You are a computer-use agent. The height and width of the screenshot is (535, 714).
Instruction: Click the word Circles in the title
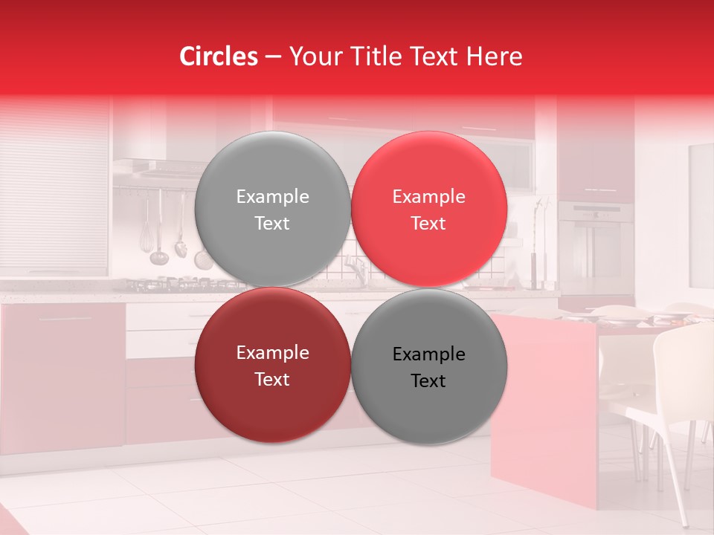coord(219,56)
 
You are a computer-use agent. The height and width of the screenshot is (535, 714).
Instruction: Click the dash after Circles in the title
coord(273,57)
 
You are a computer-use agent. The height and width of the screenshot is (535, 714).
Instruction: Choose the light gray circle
coord(272,209)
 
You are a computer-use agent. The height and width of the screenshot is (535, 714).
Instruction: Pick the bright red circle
coord(428,209)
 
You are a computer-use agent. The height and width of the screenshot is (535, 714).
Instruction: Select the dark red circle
coord(272,365)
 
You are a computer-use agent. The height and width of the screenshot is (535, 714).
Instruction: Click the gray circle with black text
coord(428,366)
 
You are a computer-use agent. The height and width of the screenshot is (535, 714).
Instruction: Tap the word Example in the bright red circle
coord(428,197)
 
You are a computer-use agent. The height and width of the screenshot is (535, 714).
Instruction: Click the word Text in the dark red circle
coord(272,379)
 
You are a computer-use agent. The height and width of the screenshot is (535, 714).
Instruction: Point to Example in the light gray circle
coord(272,197)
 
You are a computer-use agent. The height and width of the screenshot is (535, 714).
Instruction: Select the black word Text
coord(428,380)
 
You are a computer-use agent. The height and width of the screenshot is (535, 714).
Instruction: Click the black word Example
coord(428,354)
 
